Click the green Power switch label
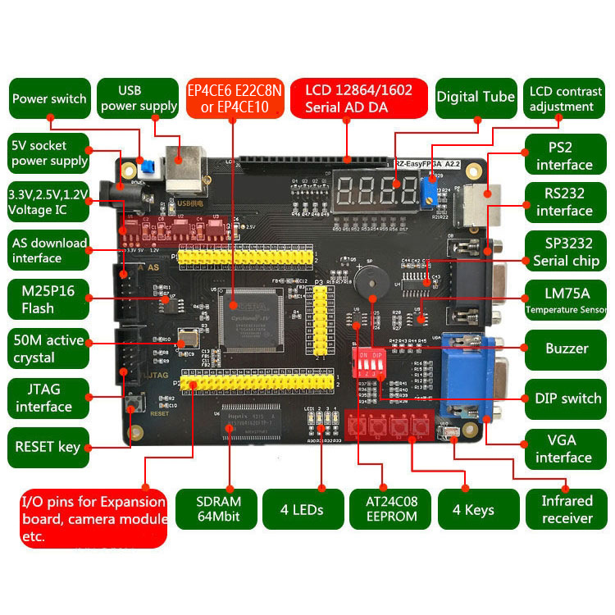click(49, 98)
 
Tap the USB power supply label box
click(138, 98)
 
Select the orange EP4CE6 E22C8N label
click(235, 98)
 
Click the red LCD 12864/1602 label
click(359, 98)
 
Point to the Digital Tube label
click(476, 97)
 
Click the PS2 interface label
click(564, 155)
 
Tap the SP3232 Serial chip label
click(566, 252)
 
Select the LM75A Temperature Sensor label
click(566, 299)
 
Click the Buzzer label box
click(566, 348)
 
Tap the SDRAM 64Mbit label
click(219, 509)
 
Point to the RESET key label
click(48, 447)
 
